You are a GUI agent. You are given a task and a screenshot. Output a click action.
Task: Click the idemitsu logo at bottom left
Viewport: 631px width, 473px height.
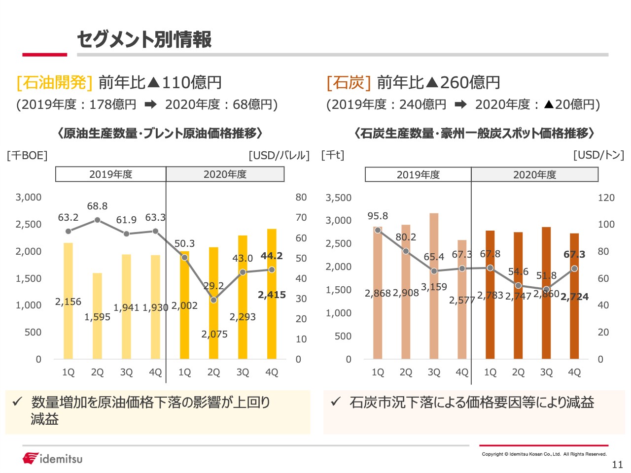[52, 459]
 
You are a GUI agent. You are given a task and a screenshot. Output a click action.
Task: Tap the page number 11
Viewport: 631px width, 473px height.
[617, 464]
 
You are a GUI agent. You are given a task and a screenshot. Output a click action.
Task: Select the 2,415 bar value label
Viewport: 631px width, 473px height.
[272, 295]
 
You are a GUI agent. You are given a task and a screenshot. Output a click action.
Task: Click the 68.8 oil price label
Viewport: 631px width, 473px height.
[97, 206]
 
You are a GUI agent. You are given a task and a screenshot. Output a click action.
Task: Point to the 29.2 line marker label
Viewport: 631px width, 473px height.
[213, 286]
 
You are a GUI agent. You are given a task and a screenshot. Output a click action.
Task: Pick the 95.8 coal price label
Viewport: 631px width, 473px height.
[378, 216]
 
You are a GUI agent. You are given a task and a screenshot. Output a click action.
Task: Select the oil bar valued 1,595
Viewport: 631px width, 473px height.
[97, 316]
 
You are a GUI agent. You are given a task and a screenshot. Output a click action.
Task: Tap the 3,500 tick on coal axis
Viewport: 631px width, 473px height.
[339, 198]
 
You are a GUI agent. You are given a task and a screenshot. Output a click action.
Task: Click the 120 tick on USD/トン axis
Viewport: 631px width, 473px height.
[606, 198]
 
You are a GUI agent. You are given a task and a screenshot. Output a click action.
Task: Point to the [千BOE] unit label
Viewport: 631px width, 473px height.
[27, 155]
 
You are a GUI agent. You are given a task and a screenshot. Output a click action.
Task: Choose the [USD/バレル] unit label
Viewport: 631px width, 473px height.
[279, 155]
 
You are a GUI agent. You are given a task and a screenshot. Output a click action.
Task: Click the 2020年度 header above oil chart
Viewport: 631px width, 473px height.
[225, 174]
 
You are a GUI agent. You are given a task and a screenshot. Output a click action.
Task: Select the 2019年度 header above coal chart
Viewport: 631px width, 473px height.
[418, 174]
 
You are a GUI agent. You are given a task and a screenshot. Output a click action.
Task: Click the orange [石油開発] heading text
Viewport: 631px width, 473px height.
[54, 82]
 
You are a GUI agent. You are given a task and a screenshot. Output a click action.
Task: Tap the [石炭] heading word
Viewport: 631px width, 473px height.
[349, 82]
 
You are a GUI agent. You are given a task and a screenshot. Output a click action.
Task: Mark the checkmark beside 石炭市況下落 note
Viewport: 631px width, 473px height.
[336, 402]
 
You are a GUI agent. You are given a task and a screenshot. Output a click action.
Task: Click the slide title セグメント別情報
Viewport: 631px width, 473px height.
[144, 39]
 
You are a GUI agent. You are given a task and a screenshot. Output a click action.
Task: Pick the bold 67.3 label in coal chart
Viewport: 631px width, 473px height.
[574, 254]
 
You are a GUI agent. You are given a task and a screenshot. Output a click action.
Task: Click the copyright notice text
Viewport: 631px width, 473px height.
[544, 454]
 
